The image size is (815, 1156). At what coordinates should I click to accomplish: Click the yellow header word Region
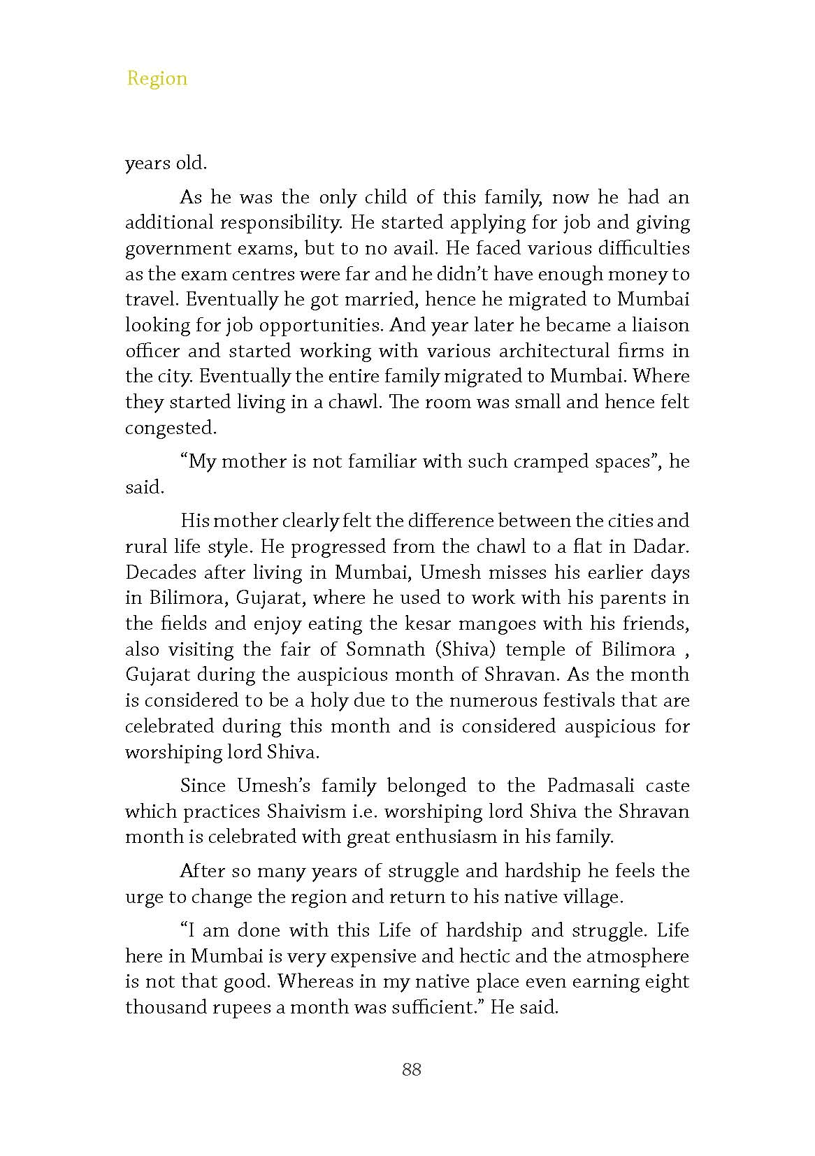point(157,78)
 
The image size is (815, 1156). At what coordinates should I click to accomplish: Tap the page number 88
point(412,1069)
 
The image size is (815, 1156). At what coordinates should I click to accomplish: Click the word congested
point(170,428)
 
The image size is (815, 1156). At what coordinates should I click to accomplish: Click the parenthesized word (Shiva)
point(465,649)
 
